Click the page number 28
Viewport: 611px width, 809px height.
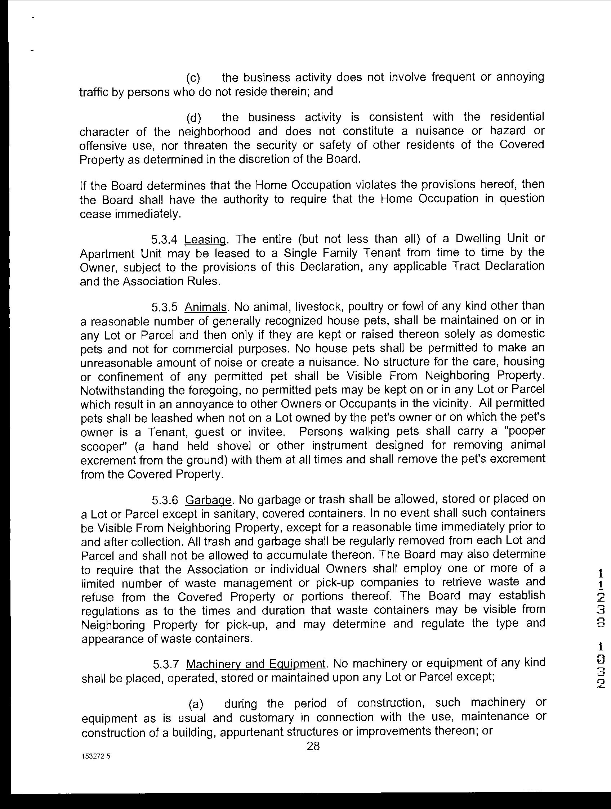pos(313,746)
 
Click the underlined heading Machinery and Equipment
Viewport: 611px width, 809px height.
pos(256,664)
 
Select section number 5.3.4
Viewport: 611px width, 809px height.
pos(164,240)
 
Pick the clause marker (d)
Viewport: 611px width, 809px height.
pos(193,118)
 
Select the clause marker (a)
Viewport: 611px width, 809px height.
pos(196,704)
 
